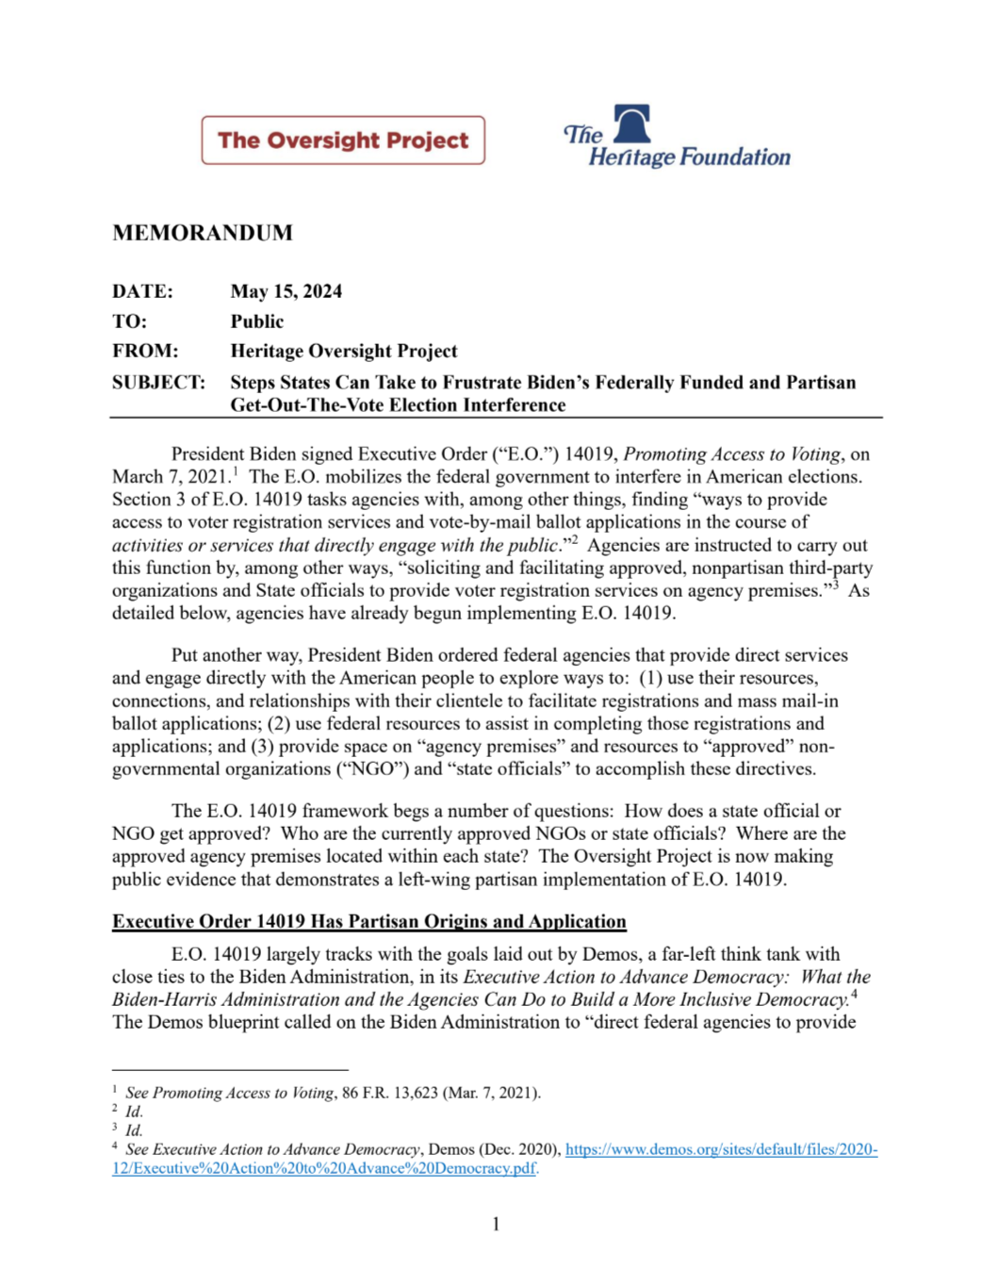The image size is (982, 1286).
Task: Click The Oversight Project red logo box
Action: click(x=343, y=140)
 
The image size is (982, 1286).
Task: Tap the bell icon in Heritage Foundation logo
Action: click(x=632, y=124)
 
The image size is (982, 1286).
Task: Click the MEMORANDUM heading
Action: click(x=203, y=233)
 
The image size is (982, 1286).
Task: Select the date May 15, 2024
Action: click(x=286, y=291)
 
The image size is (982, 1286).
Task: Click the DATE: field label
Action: click(x=142, y=291)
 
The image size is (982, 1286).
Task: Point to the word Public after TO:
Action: click(x=257, y=321)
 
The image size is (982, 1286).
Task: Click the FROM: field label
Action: click(x=145, y=352)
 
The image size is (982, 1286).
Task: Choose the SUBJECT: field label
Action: click(x=158, y=382)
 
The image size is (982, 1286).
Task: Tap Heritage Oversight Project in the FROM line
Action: click(x=344, y=352)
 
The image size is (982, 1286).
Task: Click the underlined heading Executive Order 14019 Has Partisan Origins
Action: click(x=368, y=921)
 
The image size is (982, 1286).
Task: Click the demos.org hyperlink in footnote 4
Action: click(x=721, y=1149)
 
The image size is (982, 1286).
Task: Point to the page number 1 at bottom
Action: click(x=496, y=1224)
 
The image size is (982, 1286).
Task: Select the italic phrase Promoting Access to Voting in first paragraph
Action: click(x=731, y=453)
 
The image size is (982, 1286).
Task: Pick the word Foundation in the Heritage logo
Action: click(x=735, y=157)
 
